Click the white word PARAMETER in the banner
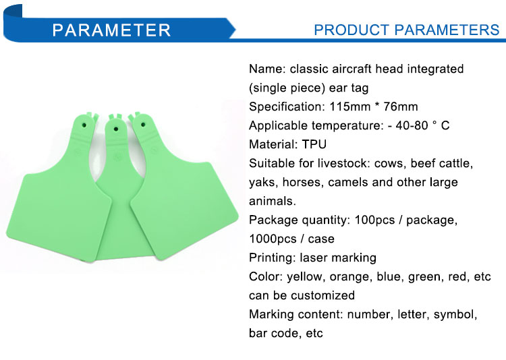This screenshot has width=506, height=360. [x=111, y=30]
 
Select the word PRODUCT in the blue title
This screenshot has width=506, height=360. [x=352, y=30]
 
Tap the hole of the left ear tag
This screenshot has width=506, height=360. [x=84, y=125]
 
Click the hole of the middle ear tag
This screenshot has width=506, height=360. [x=116, y=129]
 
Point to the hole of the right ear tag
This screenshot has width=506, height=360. [x=143, y=125]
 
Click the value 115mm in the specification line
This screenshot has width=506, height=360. [x=349, y=107]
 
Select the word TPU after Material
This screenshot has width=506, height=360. [x=314, y=144]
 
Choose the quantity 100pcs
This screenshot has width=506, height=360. [x=374, y=220]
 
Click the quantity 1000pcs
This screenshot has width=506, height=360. [x=273, y=239]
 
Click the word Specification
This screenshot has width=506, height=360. [x=287, y=107]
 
